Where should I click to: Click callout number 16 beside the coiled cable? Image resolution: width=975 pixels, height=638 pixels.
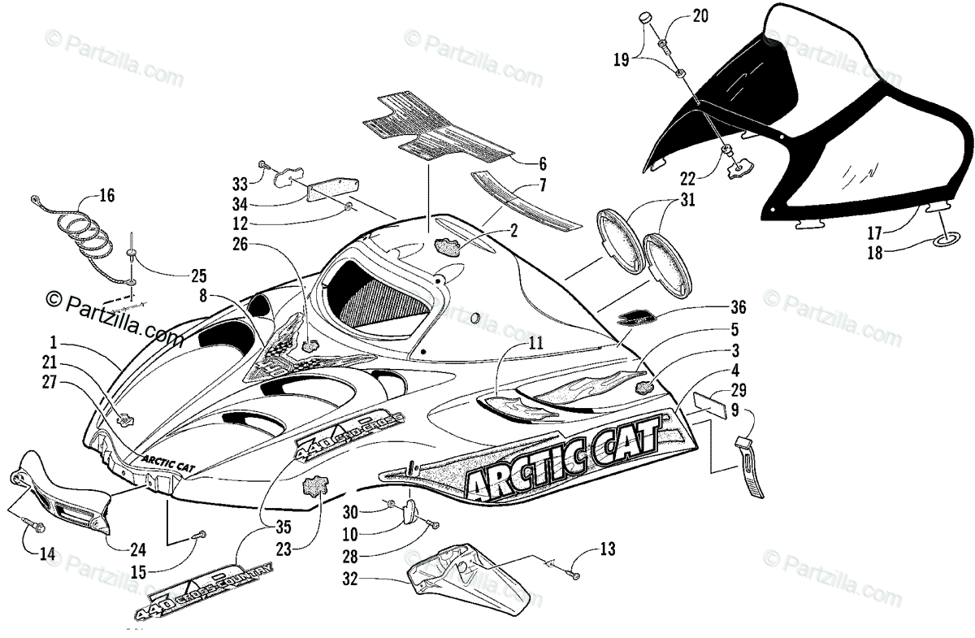107,194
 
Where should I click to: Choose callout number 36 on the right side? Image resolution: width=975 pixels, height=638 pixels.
737,309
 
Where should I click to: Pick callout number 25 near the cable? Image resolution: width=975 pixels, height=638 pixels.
198,275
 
